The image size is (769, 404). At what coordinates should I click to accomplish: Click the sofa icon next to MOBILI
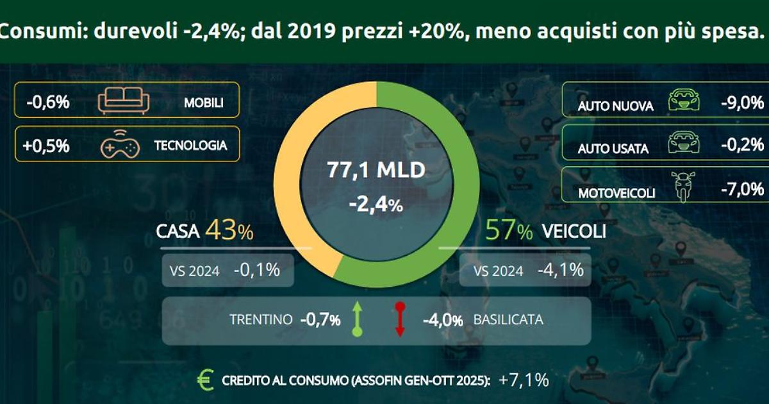tap(123, 101)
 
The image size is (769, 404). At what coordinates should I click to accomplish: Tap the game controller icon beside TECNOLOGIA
tap(119, 146)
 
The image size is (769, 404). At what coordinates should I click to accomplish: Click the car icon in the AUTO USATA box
tap(683, 144)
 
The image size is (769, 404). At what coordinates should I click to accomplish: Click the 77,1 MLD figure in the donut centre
tap(376, 171)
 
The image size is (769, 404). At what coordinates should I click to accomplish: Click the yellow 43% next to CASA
tap(229, 231)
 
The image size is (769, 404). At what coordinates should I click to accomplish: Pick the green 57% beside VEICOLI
tap(509, 231)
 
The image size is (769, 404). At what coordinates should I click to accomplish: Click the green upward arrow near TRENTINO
tap(358, 319)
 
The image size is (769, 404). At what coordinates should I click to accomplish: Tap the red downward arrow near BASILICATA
tap(400, 319)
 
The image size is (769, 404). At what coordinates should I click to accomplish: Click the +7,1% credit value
tap(524, 380)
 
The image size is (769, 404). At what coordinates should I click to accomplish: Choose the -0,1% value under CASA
tap(256, 270)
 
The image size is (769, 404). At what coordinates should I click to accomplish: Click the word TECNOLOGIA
tap(190, 146)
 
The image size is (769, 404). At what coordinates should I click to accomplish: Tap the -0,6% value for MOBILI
tap(48, 102)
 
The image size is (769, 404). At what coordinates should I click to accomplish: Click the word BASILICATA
tap(508, 319)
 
